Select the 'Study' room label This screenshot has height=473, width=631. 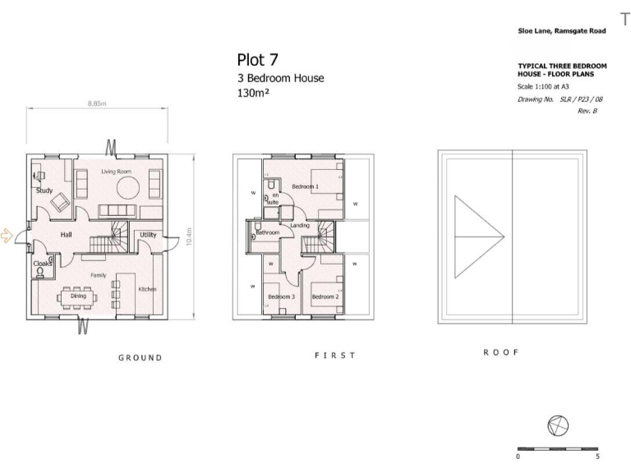44,191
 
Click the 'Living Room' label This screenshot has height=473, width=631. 117,172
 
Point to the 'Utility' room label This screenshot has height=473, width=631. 148,235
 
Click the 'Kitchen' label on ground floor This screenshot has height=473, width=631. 147,289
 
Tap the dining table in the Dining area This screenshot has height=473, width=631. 77,296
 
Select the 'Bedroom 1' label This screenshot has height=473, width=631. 306,186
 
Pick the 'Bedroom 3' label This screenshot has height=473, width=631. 281,296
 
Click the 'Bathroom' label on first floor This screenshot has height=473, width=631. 268,232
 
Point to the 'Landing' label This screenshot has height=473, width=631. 299,225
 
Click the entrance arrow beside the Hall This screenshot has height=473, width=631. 7,236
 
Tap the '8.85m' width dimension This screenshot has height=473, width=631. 98,104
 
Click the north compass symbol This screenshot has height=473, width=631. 557,425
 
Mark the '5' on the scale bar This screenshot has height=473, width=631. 596,455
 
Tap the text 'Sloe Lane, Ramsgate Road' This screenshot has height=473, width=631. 561,30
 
